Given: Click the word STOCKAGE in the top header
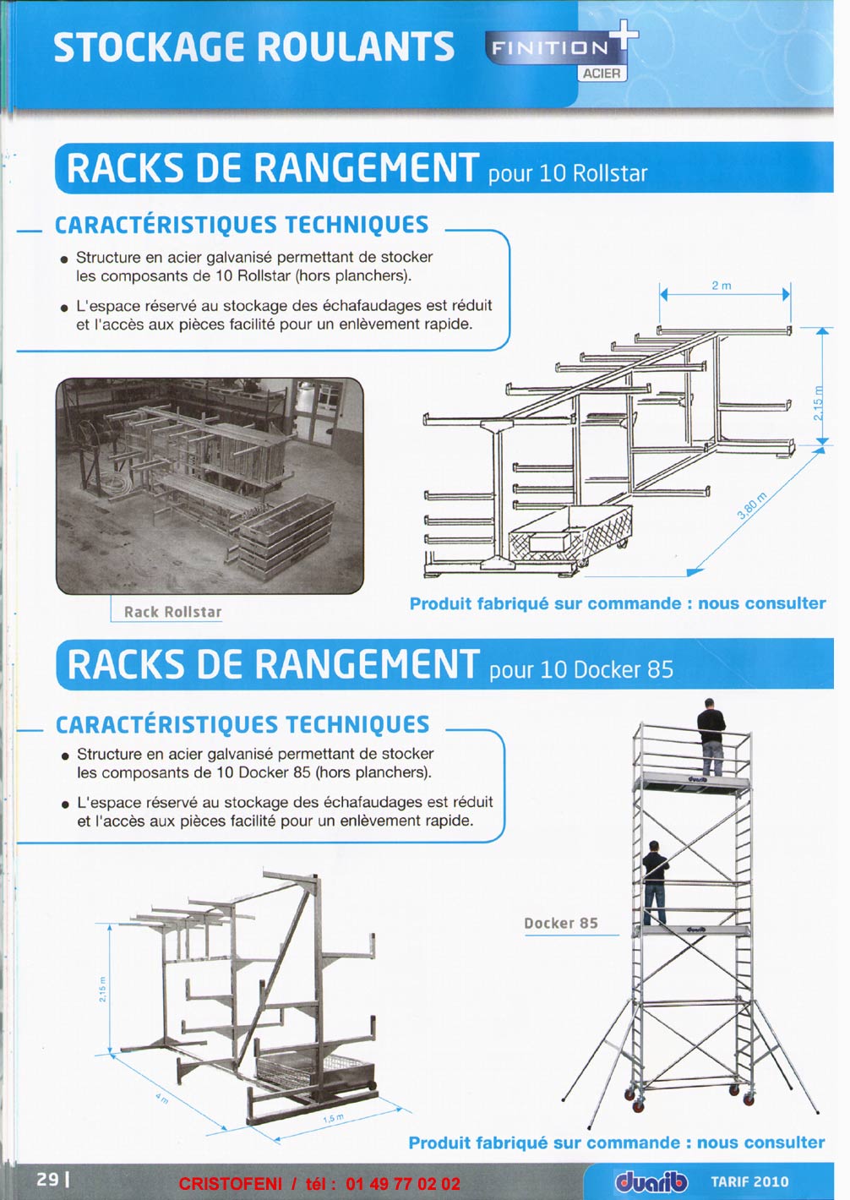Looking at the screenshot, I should click(x=150, y=47).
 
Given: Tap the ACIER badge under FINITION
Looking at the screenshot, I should click(x=602, y=74).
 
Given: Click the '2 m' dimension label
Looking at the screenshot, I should click(x=721, y=286).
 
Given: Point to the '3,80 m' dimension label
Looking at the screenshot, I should click(x=751, y=505).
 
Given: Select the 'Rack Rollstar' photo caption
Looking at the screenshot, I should click(x=172, y=612).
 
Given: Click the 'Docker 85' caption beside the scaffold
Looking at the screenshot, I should click(x=561, y=924).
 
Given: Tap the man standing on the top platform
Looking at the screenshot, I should click(x=711, y=735).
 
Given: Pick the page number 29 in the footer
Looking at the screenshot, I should click(x=47, y=1179).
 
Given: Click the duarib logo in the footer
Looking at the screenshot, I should click(x=651, y=1181).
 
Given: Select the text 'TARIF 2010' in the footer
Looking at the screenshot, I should click(x=749, y=1181).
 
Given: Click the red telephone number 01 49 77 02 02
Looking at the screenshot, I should click(x=403, y=1184).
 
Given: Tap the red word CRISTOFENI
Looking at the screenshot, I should click(x=230, y=1184).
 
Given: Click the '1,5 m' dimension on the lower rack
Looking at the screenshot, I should click(x=333, y=1119).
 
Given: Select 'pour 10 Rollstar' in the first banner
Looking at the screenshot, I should click(x=568, y=173).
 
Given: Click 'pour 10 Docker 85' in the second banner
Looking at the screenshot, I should click(x=581, y=670).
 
